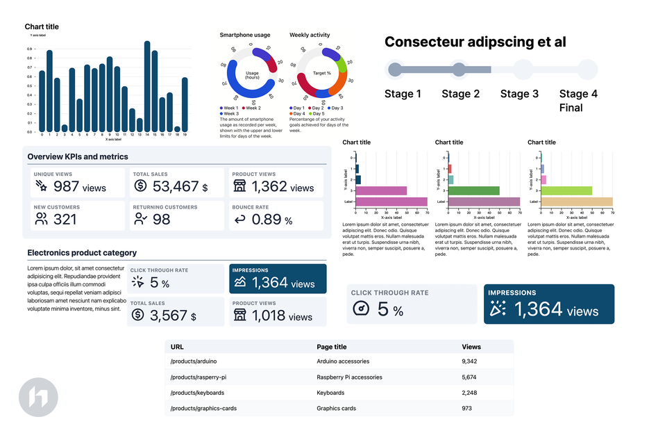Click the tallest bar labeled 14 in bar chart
(147, 87)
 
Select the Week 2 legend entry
(251, 108)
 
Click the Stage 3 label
(519, 94)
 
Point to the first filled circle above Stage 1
(395, 70)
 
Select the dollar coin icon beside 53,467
(140, 186)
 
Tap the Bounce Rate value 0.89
(266, 220)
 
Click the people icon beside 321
(41, 220)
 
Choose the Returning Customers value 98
(161, 220)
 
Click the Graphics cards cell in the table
(337, 409)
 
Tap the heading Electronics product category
(82, 253)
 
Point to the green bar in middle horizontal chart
(475, 190)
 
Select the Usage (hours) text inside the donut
(252, 74)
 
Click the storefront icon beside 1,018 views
(239, 316)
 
